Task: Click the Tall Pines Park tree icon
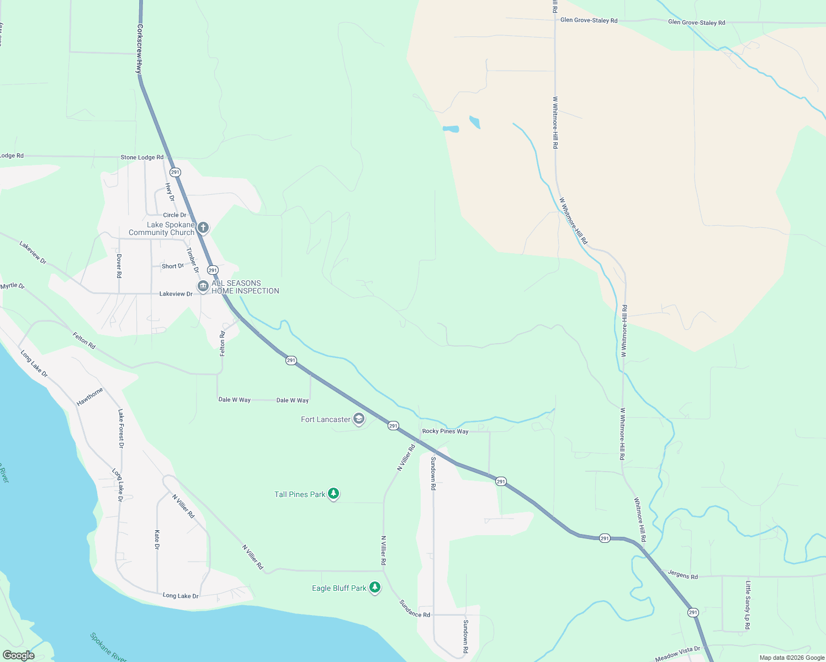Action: pyautogui.click(x=333, y=494)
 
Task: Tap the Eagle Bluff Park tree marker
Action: pyautogui.click(x=375, y=588)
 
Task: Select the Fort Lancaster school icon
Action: pyautogui.click(x=359, y=419)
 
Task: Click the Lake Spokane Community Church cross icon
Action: pyautogui.click(x=203, y=227)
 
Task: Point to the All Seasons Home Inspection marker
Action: pyautogui.click(x=203, y=286)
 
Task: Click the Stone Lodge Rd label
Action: pyautogui.click(x=142, y=157)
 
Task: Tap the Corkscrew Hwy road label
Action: pyautogui.click(x=140, y=49)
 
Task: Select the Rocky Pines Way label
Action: pyautogui.click(x=445, y=431)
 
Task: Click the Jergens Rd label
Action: pyautogui.click(x=682, y=575)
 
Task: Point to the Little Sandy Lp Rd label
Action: pyautogui.click(x=748, y=605)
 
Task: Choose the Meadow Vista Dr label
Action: pyautogui.click(x=677, y=654)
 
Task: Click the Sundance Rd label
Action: pyautogui.click(x=415, y=608)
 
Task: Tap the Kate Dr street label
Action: pyautogui.click(x=157, y=540)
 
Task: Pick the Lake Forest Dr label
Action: pyautogui.click(x=120, y=428)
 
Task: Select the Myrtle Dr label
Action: pyautogui.click(x=12, y=286)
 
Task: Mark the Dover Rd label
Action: pyautogui.click(x=119, y=265)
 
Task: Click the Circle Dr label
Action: pyautogui.click(x=174, y=215)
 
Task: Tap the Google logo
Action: pyautogui.click(x=19, y=655)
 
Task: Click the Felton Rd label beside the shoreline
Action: pyautogui.click(x=84, y=340)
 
